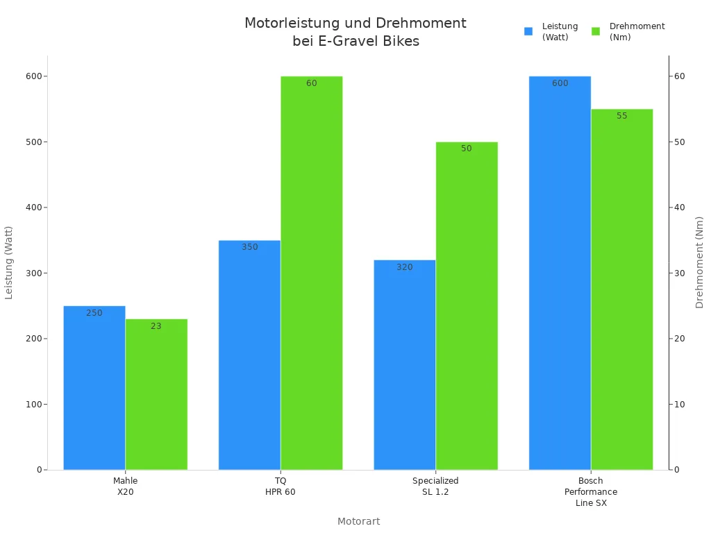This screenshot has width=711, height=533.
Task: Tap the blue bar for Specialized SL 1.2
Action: (x=405, y=364)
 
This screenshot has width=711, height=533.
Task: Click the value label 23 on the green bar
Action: (x=156, y=326)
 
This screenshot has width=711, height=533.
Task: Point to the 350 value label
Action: (x=250, y=247)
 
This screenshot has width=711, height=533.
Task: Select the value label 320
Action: (x=405, y=267)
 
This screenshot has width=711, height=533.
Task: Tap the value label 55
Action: (x=621, y=116)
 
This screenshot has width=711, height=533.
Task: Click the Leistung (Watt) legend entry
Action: (x=552, y=32)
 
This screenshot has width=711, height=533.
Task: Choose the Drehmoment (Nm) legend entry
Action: (x=628, y=32)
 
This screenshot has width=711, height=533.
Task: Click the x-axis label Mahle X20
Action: (x=126, y=486)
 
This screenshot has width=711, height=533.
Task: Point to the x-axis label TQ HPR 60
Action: (x=281, y=486)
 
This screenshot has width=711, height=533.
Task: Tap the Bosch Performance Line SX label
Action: (x=591, y=491)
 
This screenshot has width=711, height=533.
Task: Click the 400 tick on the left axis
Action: (x=33, y=208)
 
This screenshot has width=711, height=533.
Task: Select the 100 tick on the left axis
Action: (x=33, y=404)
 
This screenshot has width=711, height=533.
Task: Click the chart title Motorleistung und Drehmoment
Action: (x=355, y=32)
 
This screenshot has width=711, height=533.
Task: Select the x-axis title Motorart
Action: (x=358, y=521)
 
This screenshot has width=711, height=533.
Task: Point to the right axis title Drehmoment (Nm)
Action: (x=699, y=262)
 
